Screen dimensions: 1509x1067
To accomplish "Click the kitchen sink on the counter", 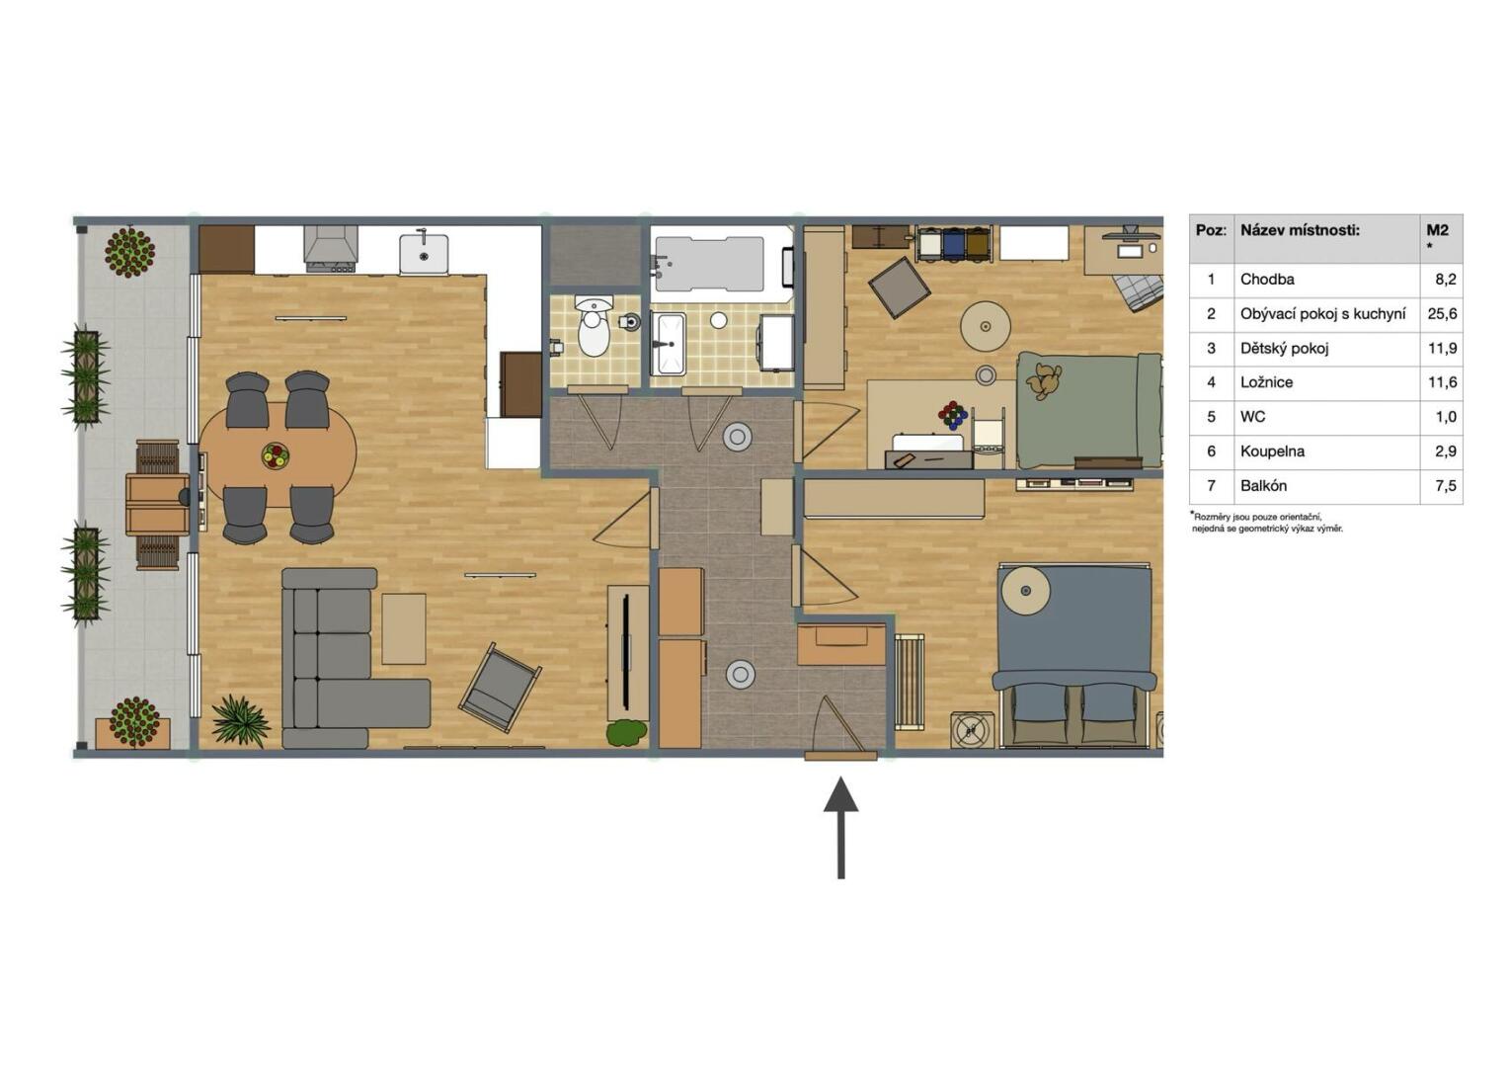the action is (x=424, y=254).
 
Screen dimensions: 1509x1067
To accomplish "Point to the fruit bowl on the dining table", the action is (x=276, y=455).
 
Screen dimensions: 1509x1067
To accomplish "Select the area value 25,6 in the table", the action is (x=1442, y=313).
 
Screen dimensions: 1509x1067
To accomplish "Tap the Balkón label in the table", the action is (x=1263, y=485).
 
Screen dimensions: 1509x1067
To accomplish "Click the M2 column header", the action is (x=1437, y=230).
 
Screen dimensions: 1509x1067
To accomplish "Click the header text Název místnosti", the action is (x=1301, y=230).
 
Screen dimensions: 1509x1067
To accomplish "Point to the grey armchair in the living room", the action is (x=500, y=688).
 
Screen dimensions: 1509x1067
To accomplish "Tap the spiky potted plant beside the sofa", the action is (x=241, y=722).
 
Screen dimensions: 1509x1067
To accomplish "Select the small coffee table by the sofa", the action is (x=404, y=628).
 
